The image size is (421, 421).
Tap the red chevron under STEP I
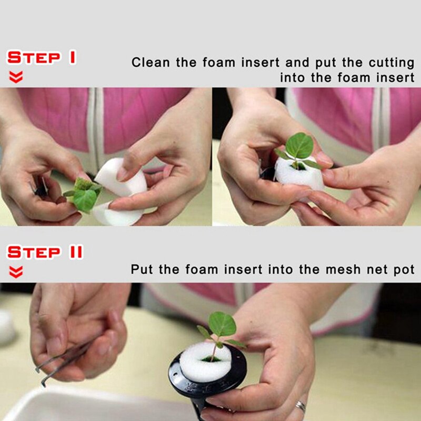(16, 78)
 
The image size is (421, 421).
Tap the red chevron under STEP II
(16, 272)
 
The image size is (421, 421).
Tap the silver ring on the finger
(300, 406)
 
